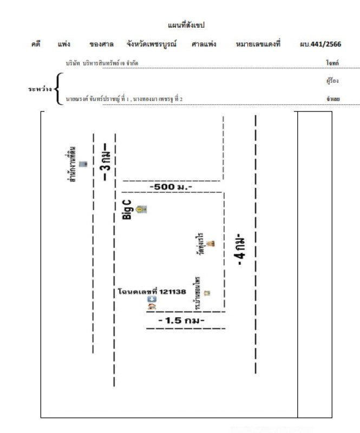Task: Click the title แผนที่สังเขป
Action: (x=186, y=25)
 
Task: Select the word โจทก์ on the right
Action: (x=332, y=63)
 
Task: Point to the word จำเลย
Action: (x=332, y=99)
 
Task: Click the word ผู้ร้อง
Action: (x=332, y=81)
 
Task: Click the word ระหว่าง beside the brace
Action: (x=40, y=88)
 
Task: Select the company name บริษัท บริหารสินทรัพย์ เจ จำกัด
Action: (x=102, y=63)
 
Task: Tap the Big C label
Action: (x=127, y=209)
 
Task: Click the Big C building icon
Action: (x=142, y=209)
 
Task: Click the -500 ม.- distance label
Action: (x=172, y=187)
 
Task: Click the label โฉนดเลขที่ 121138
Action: (x=152, y=291)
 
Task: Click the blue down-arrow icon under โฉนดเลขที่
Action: (x=152, y=299)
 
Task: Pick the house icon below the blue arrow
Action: (x=152, y=307)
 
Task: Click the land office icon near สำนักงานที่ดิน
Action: (x=83, y=164)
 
